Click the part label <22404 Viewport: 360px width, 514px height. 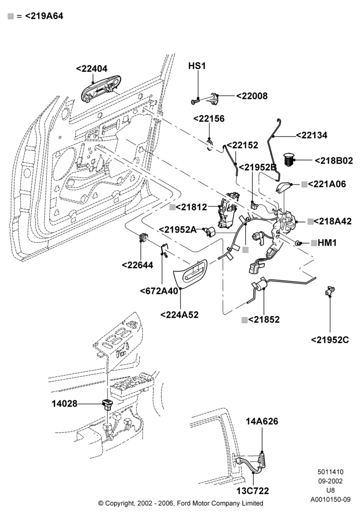pos(92,68)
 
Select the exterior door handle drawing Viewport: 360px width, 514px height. pos(101,88)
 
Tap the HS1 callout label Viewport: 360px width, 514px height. pos(197,66)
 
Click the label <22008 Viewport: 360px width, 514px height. pos(252,96)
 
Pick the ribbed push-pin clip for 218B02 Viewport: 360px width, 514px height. pos(289,160)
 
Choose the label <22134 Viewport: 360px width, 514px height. pos(312,135)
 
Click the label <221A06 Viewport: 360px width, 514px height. pos(327,184)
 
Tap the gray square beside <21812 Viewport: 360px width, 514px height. pos(172,207)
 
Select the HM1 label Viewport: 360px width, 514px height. pos(327,243)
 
